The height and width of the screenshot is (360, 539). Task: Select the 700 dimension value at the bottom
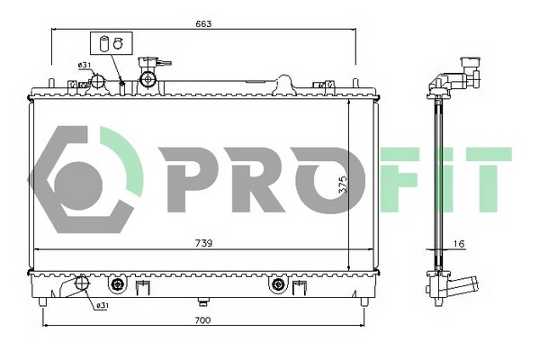[202, 321]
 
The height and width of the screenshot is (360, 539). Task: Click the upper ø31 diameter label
[82, 65]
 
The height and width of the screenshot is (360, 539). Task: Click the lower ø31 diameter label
[103, 306]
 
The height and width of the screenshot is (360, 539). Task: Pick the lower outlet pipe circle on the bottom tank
[82, 283]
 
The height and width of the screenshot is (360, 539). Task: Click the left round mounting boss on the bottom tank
[116, 286]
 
